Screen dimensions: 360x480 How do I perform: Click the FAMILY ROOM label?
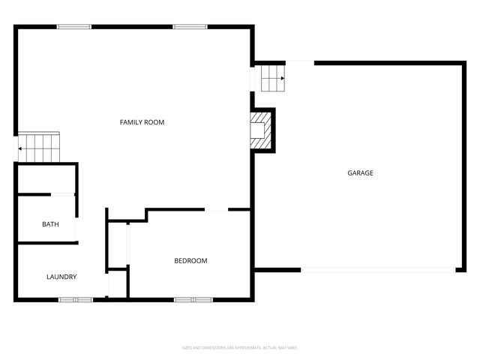click(142, 122)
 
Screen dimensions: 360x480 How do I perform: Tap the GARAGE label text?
click(360, 173)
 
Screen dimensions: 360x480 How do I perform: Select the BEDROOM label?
click(190, 261)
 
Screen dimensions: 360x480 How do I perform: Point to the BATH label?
click(50, 224)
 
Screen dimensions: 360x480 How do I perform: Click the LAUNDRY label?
click(61, 277)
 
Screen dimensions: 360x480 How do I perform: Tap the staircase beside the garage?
click(273, 78)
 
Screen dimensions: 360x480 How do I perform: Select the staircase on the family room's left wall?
click(38, 148)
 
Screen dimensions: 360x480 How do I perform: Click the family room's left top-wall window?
click(74, 27)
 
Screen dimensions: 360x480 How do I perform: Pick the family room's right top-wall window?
click(190, 27)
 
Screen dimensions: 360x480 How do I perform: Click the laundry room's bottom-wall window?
click(76, 300)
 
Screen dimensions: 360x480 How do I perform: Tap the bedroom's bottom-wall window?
click(193, 300)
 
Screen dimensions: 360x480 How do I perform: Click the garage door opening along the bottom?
click(377, 270)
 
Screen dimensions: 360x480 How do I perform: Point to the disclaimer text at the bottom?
click(240, 347)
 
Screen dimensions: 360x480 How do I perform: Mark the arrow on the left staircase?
click(21, 148)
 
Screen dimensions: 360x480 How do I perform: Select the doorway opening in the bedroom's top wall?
click(217, 211)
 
